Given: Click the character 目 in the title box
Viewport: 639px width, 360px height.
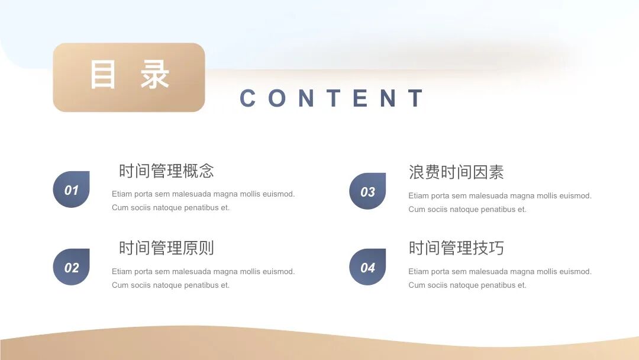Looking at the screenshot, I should (x=103, y=75).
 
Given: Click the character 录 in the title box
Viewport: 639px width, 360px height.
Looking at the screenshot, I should (x=155, y=75).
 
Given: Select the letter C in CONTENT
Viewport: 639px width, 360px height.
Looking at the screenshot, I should (x=248, y=98).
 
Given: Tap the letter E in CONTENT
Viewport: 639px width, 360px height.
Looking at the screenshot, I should (x=360, y=98).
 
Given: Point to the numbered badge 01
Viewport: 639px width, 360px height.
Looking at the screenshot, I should (x=72, y=190).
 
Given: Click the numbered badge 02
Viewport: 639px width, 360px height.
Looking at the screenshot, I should (x=72, y=268).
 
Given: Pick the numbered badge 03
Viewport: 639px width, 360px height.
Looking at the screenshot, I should (x=367, y=192).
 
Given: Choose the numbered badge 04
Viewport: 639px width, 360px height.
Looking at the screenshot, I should (x=367, y=268).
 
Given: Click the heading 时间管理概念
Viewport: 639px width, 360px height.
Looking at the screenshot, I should (x=166, y=171).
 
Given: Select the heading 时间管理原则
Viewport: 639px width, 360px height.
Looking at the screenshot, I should (x=166, y=248).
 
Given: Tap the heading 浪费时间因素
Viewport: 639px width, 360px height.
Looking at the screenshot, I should (x=456, y=173).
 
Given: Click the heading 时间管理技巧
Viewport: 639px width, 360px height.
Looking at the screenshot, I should (x=456, y=248).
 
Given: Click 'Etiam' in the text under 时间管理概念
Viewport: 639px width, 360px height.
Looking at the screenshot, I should (x=121, y=194).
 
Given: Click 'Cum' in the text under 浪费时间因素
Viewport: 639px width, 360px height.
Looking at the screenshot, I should (x=417, y=210).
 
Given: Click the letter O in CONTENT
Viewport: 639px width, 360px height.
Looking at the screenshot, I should (x=277, y=98).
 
